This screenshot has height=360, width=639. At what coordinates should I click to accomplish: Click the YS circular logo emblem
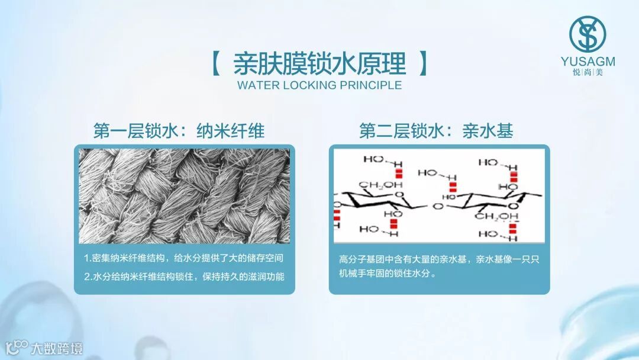(588, 34)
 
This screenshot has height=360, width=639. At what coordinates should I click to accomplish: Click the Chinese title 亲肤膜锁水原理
(319, 63)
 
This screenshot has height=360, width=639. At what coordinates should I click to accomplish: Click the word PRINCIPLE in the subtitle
(370, 85)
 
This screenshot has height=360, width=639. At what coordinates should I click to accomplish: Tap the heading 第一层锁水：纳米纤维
(179, 130)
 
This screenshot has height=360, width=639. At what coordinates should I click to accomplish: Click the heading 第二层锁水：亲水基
(436, 130)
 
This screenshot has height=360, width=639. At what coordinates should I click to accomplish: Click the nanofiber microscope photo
(184, 196)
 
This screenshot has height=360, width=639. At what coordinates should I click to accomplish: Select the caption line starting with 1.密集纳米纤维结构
(183, 258)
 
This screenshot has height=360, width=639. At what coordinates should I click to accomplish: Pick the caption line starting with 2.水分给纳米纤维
(183, 277)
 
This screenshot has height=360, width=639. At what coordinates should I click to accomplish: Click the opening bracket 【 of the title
(216, 63)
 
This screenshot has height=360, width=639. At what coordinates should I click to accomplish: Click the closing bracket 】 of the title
(422, 63)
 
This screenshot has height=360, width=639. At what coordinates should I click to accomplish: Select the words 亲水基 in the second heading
(488, 130)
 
